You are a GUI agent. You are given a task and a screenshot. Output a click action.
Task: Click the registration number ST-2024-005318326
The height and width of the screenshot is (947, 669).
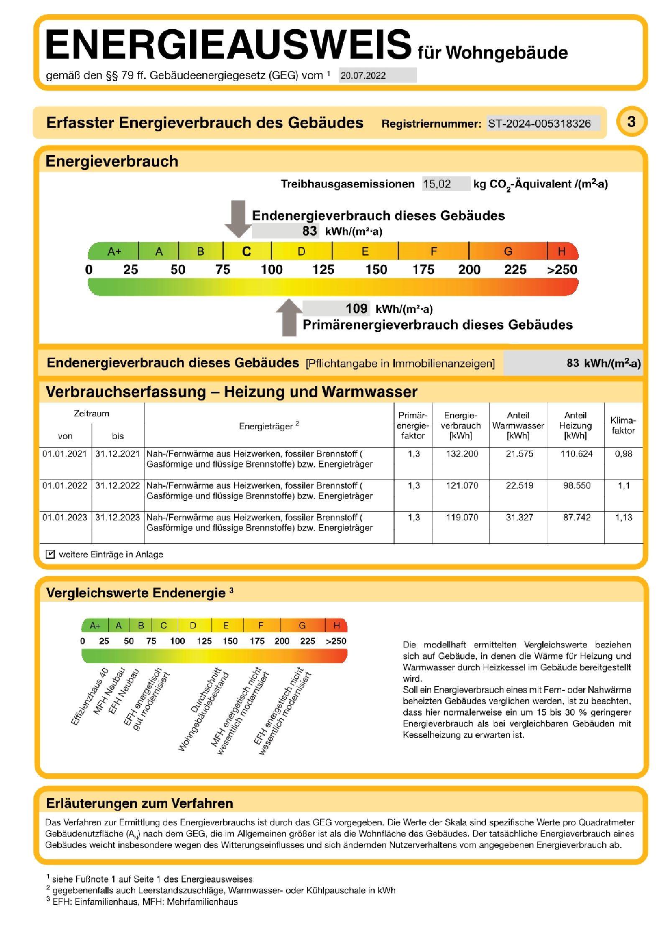pos(539,123)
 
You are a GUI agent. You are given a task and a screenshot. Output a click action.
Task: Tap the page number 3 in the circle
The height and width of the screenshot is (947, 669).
pos(631,122)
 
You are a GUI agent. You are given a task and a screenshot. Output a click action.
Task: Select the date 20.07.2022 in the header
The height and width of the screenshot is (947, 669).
pos(363,75)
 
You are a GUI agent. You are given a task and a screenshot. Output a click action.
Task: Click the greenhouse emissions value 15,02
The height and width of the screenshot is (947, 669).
pos(437,184)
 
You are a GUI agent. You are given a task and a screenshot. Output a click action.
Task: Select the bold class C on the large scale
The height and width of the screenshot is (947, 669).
pos(246,252)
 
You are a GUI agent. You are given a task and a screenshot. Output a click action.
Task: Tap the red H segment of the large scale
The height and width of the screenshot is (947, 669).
pos(562,251)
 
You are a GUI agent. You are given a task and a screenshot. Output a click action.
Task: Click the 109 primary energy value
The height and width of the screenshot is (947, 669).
pos(356,308)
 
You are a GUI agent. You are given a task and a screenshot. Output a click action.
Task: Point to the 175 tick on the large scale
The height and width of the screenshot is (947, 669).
pos(423,269)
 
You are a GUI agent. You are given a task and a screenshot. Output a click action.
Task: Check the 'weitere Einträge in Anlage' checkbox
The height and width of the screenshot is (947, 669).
pos(50,554)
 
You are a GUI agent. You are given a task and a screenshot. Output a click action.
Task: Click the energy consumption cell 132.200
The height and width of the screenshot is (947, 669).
pos(462,454)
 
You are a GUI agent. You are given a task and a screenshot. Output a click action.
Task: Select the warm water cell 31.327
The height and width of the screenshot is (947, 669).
pos(519,517)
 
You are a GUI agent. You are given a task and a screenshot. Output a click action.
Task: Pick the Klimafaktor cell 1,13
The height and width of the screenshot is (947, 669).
pos(623,517)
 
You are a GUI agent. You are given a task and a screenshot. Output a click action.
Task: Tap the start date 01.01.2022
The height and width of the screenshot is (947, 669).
pos(65,485)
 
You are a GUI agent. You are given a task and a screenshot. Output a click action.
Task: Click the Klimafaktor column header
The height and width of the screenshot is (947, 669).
pos(623,425)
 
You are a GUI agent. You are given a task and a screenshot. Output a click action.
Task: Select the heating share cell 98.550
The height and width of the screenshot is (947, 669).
pos(577,485)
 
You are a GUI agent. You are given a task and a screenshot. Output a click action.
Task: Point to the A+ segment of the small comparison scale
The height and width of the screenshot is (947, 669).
pos(95,625)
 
